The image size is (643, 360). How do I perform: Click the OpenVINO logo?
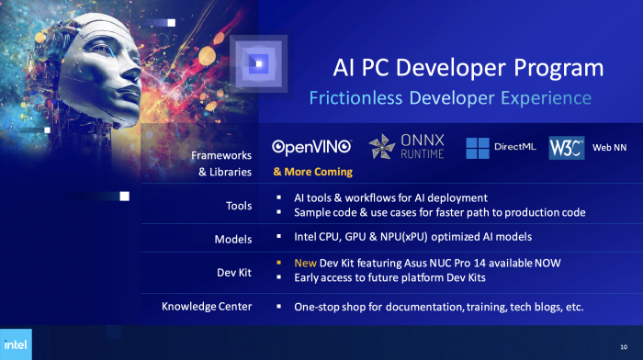point(312,146)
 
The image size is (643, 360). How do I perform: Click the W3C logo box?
point(567,147)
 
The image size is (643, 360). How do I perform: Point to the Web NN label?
point(609,147)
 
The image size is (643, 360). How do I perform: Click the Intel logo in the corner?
point(16,344)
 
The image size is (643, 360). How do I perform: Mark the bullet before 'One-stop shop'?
point(279,306)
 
